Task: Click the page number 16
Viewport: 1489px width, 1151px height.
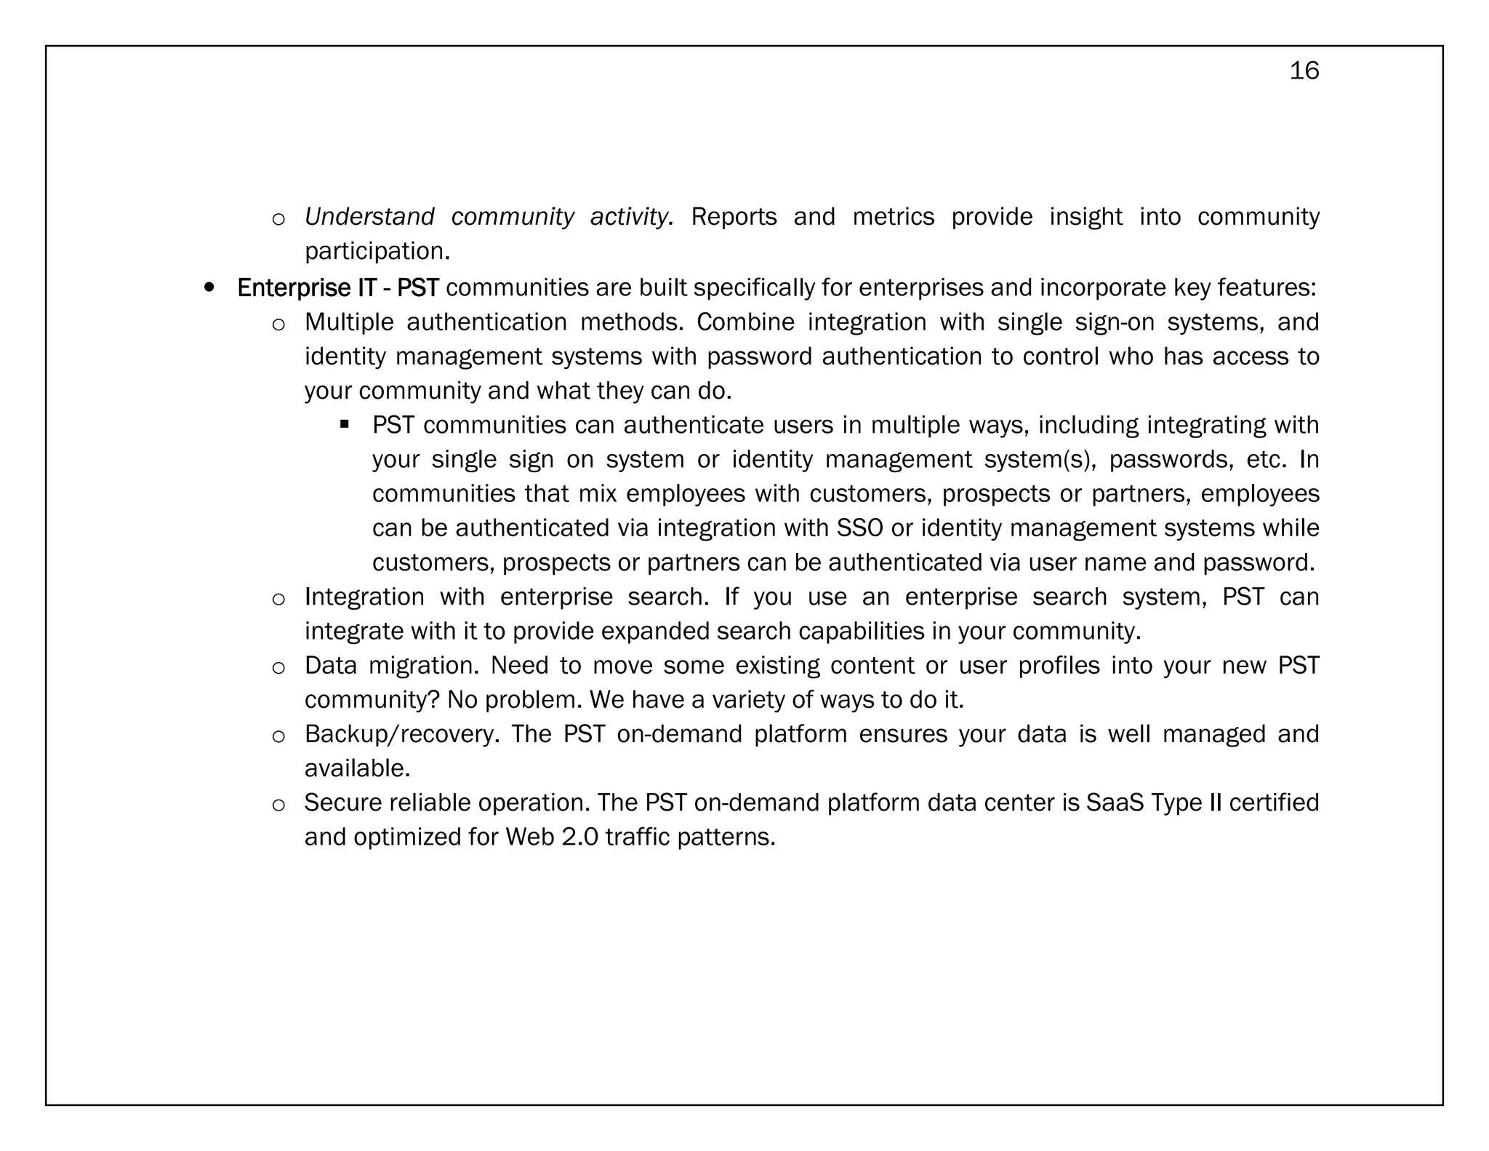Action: [x=1304, y=71]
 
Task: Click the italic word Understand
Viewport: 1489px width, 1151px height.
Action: [x=369, y=217]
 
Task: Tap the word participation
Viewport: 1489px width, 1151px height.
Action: [x=377, y=251]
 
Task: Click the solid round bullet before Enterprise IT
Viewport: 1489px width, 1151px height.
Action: [x=209, y=288]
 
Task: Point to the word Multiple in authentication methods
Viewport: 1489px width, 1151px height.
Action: [x=349, y=322]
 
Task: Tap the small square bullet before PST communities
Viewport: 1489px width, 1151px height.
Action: [x=345, y=424]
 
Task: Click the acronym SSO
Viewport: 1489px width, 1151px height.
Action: [x=859, y=527]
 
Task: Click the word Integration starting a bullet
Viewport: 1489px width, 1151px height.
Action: [x=364, y=597]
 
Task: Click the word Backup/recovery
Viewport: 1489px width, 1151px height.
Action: [x=401, y=733]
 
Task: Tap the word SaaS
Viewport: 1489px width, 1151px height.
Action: [x=1115, y=802]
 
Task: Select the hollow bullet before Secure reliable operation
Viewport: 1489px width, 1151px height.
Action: [x=278, y=804]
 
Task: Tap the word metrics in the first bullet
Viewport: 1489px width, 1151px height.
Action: [x=893, y=217]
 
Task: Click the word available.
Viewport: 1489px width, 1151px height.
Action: [x=357, y=768]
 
